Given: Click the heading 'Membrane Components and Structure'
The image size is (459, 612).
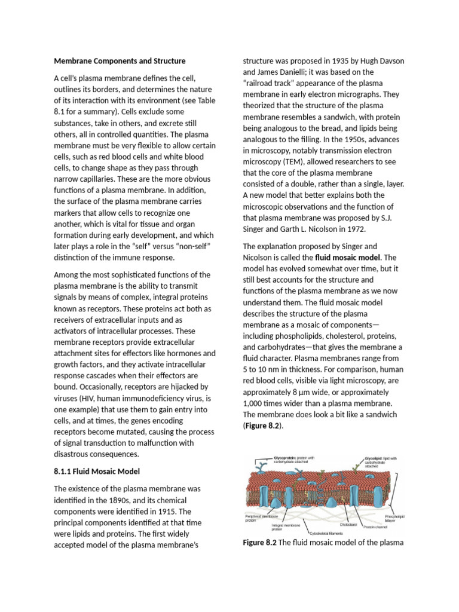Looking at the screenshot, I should pos(120,61).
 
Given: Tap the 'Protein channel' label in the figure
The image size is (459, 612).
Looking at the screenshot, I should pos(376,527).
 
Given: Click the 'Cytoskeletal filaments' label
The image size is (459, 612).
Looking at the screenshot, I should pos(328,532).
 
